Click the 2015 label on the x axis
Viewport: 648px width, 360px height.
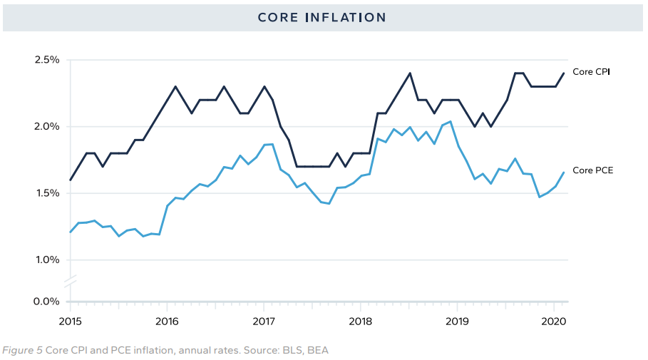pos(70,321)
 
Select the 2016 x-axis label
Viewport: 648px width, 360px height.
pos(167,321)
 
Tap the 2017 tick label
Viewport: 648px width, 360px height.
pos(264,321)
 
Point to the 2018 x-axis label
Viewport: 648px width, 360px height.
pos(361,321)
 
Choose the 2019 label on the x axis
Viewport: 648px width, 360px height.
pos(458,321)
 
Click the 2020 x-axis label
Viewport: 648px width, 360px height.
pos(554,321)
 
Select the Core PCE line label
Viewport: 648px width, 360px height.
pos(592,170)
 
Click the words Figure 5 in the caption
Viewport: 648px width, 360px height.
pos(22,350)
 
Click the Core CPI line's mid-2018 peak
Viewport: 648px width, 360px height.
pos(410,73)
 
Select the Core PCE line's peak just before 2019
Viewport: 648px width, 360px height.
pos(450,122)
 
